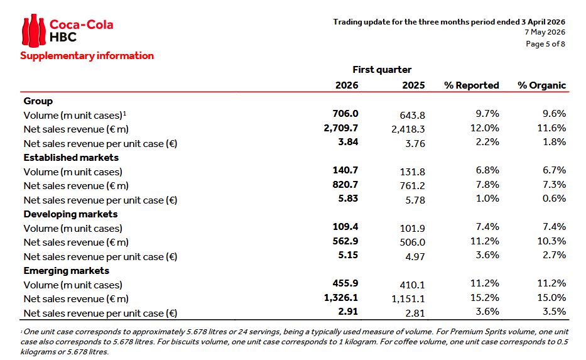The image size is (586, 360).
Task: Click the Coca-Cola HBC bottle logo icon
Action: pos(34,31)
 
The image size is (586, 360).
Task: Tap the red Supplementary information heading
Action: pos(87,56)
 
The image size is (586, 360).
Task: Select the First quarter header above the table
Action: pos(382,70)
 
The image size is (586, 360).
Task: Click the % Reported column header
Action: pos(471,85)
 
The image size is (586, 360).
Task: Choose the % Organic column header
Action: pos(541,85)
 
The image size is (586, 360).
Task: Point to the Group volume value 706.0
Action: pos(345,114)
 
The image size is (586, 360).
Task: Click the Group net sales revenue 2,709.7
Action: pos(341,128)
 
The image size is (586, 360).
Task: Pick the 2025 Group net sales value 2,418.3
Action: pos(408,129)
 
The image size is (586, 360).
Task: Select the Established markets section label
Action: pos(71,158)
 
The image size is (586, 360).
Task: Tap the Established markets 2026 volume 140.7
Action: pos(345,170)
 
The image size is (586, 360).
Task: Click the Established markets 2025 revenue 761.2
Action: pos(412,186)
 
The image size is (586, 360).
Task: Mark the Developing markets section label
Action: pos(70,214)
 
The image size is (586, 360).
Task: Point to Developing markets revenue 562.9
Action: pos(345,241)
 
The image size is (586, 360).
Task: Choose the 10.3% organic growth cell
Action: pos(551,241)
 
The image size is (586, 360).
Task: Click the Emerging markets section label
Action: pos(67,271)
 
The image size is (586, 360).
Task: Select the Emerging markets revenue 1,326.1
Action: pos(341,298)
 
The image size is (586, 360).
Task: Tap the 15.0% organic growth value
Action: pos(551,298)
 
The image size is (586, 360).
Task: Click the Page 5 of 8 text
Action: pos(545,44)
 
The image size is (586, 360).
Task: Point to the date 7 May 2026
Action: pos(545,32)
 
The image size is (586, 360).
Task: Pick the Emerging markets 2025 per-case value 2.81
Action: pos(415,314)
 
